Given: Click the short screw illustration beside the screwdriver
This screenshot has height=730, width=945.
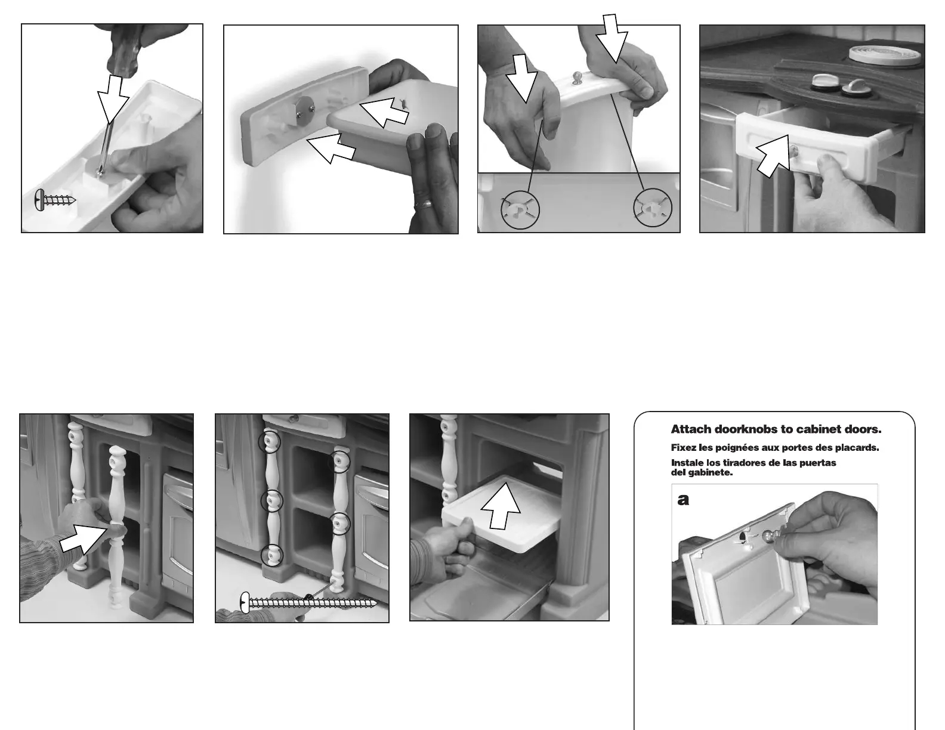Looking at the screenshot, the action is (55, 200).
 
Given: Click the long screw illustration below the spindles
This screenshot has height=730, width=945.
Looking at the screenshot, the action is (308, 603).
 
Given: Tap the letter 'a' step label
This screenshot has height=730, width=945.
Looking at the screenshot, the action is (683, 500).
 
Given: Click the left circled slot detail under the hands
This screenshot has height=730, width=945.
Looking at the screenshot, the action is (520, 210).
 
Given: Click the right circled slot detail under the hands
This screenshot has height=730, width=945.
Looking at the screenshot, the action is (652, 208).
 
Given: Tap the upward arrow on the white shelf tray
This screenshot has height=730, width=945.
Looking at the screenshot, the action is (501, 506).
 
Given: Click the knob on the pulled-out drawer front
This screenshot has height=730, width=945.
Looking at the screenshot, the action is (793, 151).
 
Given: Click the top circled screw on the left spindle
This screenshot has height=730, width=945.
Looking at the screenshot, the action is (270, 442).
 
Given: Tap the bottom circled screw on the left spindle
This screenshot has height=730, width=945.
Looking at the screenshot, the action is (272, 555).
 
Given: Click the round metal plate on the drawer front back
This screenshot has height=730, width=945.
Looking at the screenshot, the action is (304, 112).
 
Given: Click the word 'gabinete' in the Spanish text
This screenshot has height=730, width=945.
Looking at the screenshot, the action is (712, 472).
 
